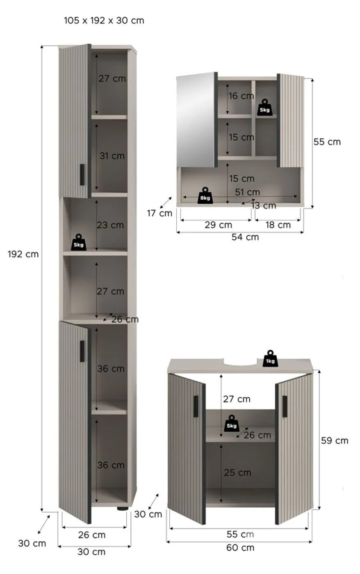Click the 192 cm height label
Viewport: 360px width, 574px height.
tap(23, 254)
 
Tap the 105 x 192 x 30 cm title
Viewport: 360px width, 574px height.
tap(104, 20)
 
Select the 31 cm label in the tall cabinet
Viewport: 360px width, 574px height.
tap(112, 156)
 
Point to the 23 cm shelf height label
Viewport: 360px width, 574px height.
tap(110, 225)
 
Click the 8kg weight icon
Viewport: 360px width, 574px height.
tap(205, 196)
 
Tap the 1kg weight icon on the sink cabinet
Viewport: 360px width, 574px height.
tap(270, 358)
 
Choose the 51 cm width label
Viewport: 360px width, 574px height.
tap(248, 192)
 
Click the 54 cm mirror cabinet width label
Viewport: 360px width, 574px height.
tap(245, 237)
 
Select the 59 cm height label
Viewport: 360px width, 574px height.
tap(335, 440)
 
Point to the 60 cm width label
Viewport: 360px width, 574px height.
tap(240, 548)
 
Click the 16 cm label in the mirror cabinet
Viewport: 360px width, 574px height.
tap(241, 96)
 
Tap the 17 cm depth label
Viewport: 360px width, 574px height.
tap(159, 213)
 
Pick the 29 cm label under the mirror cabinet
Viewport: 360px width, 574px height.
tap(218, 225)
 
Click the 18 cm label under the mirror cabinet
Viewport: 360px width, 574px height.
tap(278, 225)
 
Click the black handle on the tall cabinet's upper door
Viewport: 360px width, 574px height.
tap(82, 175)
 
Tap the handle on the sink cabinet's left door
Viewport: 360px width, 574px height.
tap(196, 406)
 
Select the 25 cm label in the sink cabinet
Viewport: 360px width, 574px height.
tap(237, 472)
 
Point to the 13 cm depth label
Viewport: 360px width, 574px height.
tap(264, 205)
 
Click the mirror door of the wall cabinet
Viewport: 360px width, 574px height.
tap(196, 120)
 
